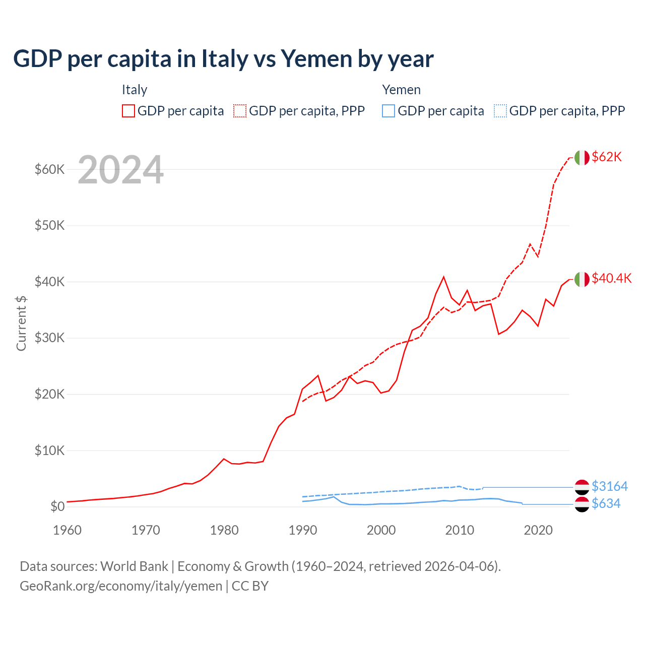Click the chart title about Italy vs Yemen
click(x=223, y=59)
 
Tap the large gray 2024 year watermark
click(x=120, y=170)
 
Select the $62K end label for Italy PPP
click(x=607, y=157)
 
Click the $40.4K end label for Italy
click(x=611, y=279)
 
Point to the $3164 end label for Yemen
click(x=609, y=486)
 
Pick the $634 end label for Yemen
click(x=606, y=504)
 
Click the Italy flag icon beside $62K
click(x=582, y=158)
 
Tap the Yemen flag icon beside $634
click(x=582, y=504)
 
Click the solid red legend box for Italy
click(x=128, y=111)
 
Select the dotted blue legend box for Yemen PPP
click(x=500, y=111)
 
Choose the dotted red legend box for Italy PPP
click(x=240, y=111)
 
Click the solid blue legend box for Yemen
click(x=389, y=111)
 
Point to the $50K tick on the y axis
click(x=49, y=225)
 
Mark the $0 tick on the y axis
click(x=57, y=506)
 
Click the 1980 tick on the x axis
click(x=224, y=530)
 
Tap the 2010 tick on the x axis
click(x=460, y=530)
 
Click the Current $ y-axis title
click(x=21, y=324)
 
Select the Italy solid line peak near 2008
click(x=443, y=277)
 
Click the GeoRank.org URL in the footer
click(x=121, y=586)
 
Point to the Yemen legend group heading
click(x=401, y=90)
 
